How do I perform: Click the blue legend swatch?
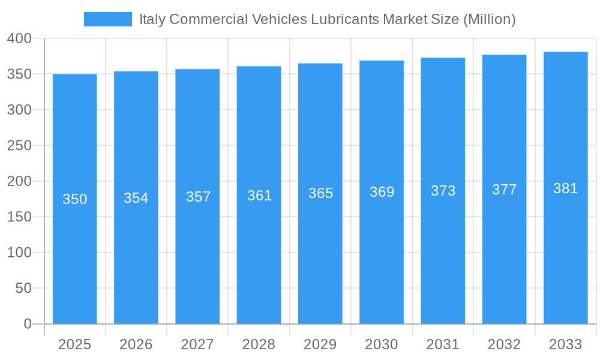point(107,19)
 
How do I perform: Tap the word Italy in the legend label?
point(152,19)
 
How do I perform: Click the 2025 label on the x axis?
point(74,344)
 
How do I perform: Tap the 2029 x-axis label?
point(320,344)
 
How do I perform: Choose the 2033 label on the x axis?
point(565,344)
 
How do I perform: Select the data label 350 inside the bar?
point(75,199)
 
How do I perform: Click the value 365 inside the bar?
point(320,193)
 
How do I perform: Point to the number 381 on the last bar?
point(565,188)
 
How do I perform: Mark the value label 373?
point(443,191)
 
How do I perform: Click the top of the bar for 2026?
point(136,72)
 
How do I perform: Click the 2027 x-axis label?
point(197,344)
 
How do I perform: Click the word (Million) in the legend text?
point(489,19)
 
